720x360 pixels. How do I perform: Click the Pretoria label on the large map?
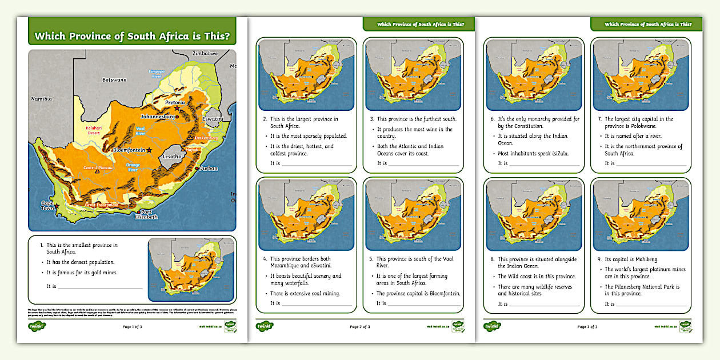click(175, 103)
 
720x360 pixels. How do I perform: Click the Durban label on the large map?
click(209, 169)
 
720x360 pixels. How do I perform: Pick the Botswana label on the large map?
click(114, 79)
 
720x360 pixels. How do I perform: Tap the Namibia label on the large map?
click(41, 99)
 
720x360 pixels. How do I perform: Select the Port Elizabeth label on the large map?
click(146, 215)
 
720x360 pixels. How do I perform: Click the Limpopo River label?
click(156, 73)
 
